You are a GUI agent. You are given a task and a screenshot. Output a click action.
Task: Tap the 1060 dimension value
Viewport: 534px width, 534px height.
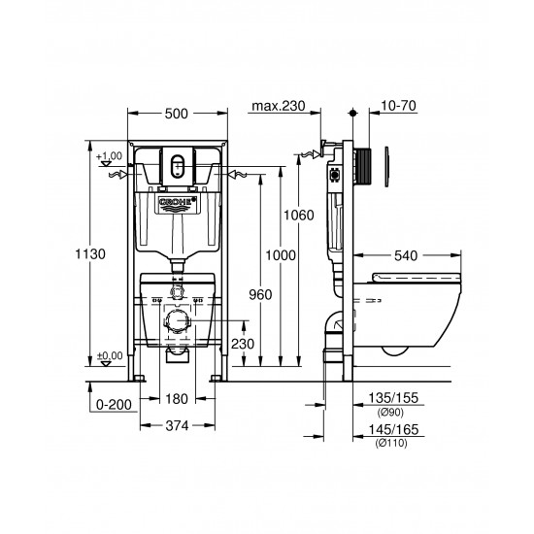click(x=300, y=215)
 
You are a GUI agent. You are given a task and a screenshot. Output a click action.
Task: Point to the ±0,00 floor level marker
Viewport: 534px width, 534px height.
click(x=111, y=355)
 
